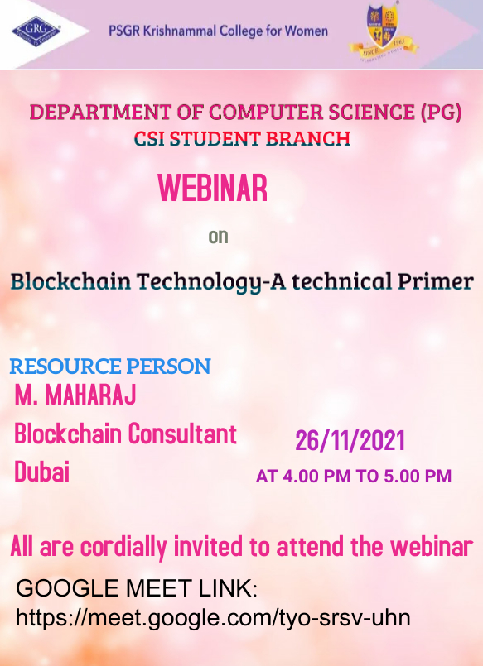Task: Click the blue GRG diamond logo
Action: (36, 31)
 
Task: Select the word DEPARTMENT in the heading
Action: (100, 113)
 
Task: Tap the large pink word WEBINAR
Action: (213, 188)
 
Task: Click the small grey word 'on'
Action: (218, 237)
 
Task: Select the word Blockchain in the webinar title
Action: (70, 281)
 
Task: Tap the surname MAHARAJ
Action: (90, 395)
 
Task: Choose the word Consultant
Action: (182, 434)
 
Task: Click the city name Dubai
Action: (42, 472)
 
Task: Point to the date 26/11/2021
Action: (350, 440)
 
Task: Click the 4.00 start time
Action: (300, 477)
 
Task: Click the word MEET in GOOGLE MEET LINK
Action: (158, 589)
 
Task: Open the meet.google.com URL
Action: (213, 618)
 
